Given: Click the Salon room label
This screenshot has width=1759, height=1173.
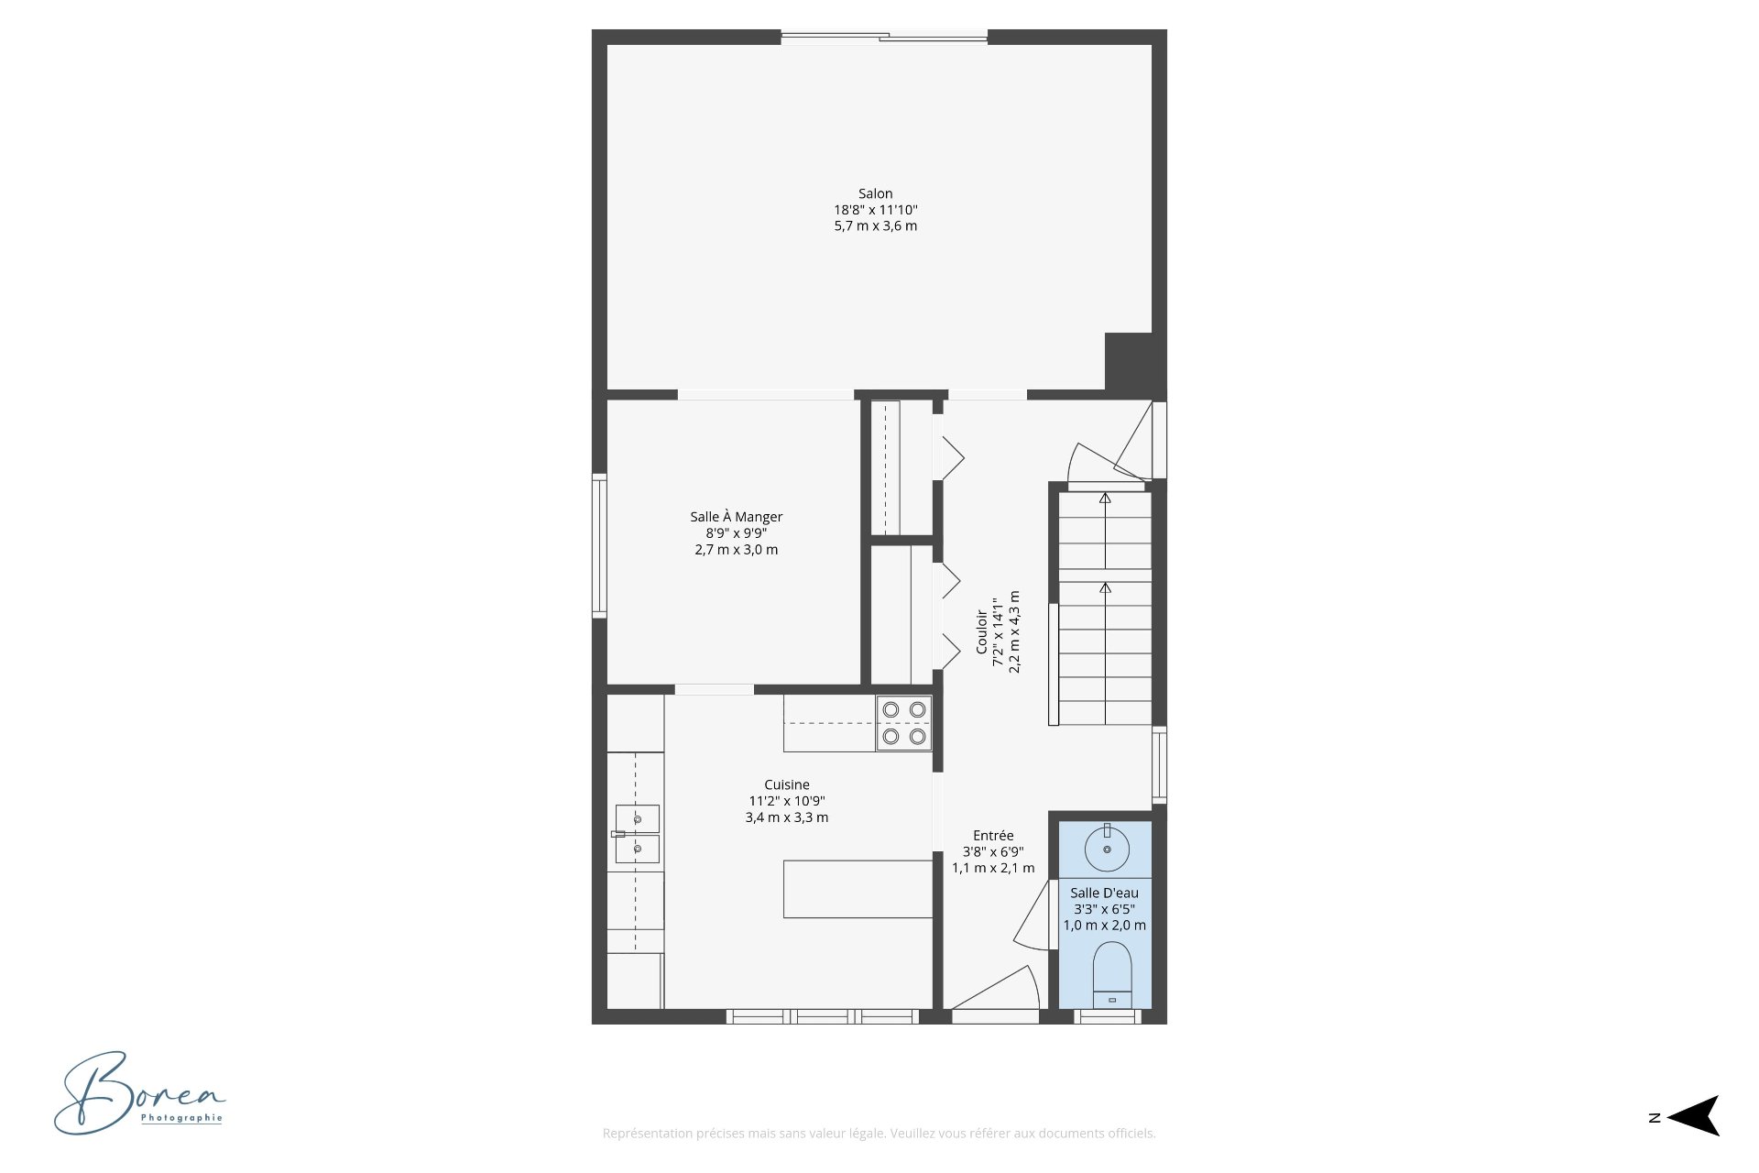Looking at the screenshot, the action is pos(875,193).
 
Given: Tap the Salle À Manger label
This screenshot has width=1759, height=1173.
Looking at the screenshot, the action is pos(737,517).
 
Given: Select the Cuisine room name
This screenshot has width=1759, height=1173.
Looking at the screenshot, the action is pos(787,784).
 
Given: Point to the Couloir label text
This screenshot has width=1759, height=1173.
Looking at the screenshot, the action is pos(981,632).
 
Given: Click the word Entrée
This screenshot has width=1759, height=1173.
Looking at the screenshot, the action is pos(993,835).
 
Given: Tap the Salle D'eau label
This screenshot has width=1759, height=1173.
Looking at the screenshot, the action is pos(1105,893).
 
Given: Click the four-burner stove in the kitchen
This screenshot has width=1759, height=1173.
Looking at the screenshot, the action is pos(904,723).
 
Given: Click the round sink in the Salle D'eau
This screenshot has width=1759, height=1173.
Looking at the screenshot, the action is pos(1107,849).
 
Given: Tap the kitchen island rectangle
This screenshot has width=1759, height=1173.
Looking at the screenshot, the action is pos(858,889).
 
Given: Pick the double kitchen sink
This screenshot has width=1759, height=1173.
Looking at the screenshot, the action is pos(637,834).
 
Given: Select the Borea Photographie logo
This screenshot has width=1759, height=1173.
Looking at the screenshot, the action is pos(139,1093).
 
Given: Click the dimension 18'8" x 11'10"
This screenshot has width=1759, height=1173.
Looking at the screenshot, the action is pos(876,210).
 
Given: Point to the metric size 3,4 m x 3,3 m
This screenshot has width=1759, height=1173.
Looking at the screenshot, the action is pos(787,817).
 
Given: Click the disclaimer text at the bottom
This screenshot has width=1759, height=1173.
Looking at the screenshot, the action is pos(879,1134).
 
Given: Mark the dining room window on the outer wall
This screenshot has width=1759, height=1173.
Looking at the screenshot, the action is pos(599,545).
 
